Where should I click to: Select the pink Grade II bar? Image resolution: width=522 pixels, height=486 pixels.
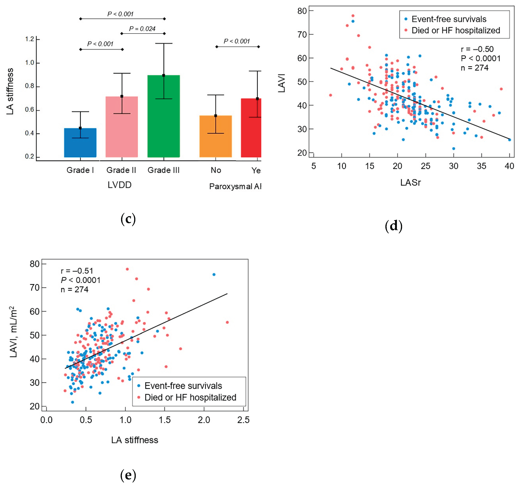pos(122,127)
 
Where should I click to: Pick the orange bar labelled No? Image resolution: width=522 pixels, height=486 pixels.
pos(216,136)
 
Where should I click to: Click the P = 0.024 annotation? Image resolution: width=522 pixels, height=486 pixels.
pos(142,29)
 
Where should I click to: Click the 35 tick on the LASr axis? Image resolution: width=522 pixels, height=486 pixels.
pos(481,166)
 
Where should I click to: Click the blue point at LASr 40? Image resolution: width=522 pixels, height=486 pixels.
pos(509,140)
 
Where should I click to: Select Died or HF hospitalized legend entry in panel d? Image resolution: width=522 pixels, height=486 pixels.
pos(456,30)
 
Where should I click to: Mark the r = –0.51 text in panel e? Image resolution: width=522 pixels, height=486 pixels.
pos(77,271)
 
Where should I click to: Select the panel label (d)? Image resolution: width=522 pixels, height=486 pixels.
pos(393,226)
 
